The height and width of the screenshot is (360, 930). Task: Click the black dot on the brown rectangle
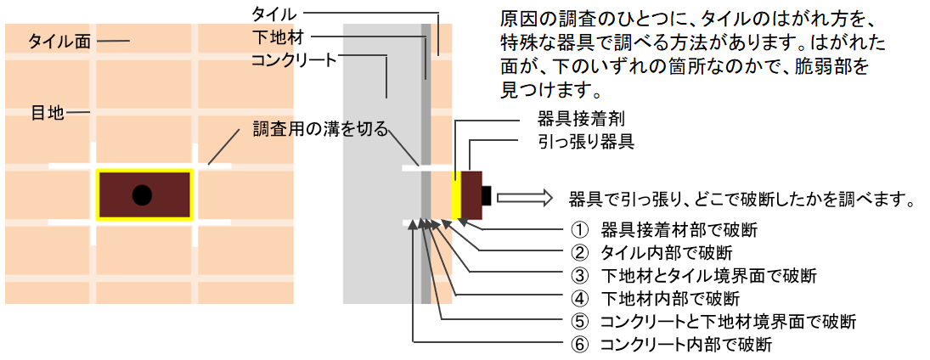(x=143, y=195)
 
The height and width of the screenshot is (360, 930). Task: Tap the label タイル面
(x=59, y=40)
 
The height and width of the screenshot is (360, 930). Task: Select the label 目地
(x=48, y=111)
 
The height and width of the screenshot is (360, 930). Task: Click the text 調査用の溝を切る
(x=320, y=129)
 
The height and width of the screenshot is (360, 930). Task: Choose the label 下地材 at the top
(x=278, y=37)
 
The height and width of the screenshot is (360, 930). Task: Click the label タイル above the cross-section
(x=273, y=14)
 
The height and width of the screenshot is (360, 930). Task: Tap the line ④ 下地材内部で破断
(x=654, y=298)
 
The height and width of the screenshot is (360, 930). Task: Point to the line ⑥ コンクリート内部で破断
(x=671, y=344)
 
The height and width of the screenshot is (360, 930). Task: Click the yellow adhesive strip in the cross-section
(x=455, y=196)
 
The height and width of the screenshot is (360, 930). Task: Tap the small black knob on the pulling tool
(x=487, y=196)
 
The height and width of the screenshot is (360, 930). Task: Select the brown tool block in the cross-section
(x=471, y=196)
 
